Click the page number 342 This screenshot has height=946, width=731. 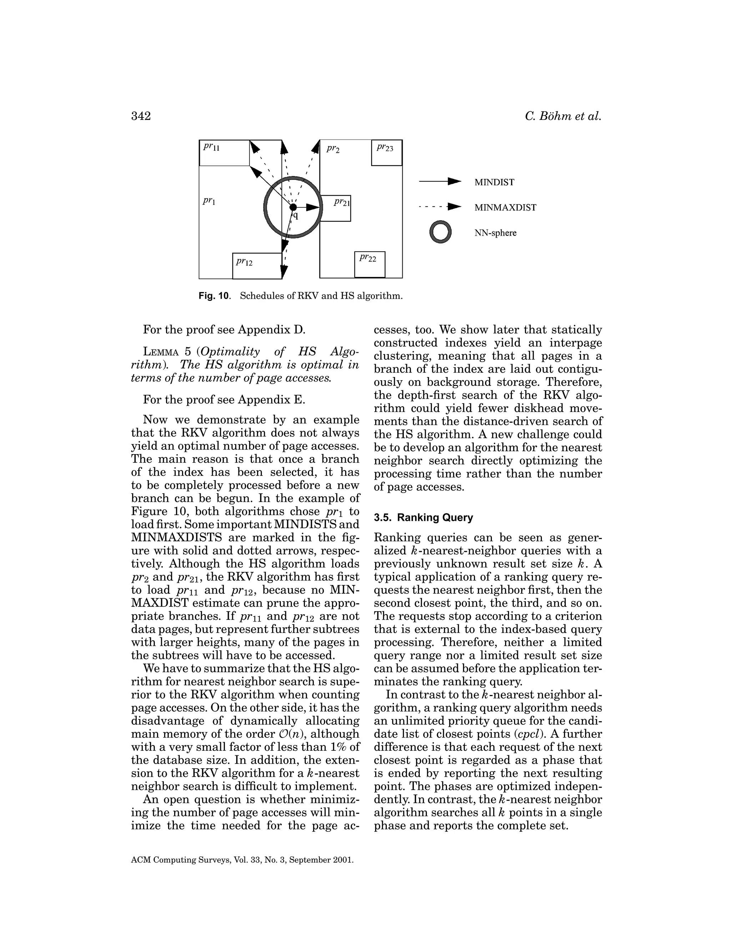point(141,116)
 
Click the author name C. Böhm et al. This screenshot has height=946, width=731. point(563,116)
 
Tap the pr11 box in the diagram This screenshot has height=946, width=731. point(224,153)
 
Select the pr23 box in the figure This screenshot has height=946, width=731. point(386,152)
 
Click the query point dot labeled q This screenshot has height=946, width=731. point(293,207)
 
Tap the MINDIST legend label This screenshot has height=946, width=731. point(494,182)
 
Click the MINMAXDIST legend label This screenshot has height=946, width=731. point(505,207)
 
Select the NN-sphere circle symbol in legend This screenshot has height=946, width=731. point(440,233)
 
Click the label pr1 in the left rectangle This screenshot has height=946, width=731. point(209,201)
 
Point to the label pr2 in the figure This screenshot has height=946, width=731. point(333,149)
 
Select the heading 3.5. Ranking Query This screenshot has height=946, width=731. point(423,518)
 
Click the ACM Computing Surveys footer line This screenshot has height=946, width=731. point(242,860)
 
